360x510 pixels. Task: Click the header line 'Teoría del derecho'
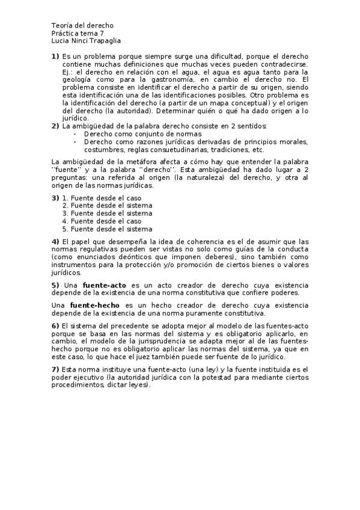click(x=82, y=26)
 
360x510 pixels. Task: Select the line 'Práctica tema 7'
click(x=78, y=33)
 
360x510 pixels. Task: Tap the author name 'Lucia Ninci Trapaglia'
click(x=87, y=41)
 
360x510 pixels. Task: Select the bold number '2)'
click(x=55, y=126)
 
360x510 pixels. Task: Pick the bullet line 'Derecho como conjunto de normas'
click(x=142, y=134)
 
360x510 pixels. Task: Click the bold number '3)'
click(x=55, y=198)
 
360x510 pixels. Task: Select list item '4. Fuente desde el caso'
click(x=102, y=221)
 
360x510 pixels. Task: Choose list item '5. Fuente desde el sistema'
click(x=108, y=229)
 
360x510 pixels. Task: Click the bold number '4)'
click(x=55, y=241)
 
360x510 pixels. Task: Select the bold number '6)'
click(x=55, y=326)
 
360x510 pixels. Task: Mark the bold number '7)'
click(x=55, y=369)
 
